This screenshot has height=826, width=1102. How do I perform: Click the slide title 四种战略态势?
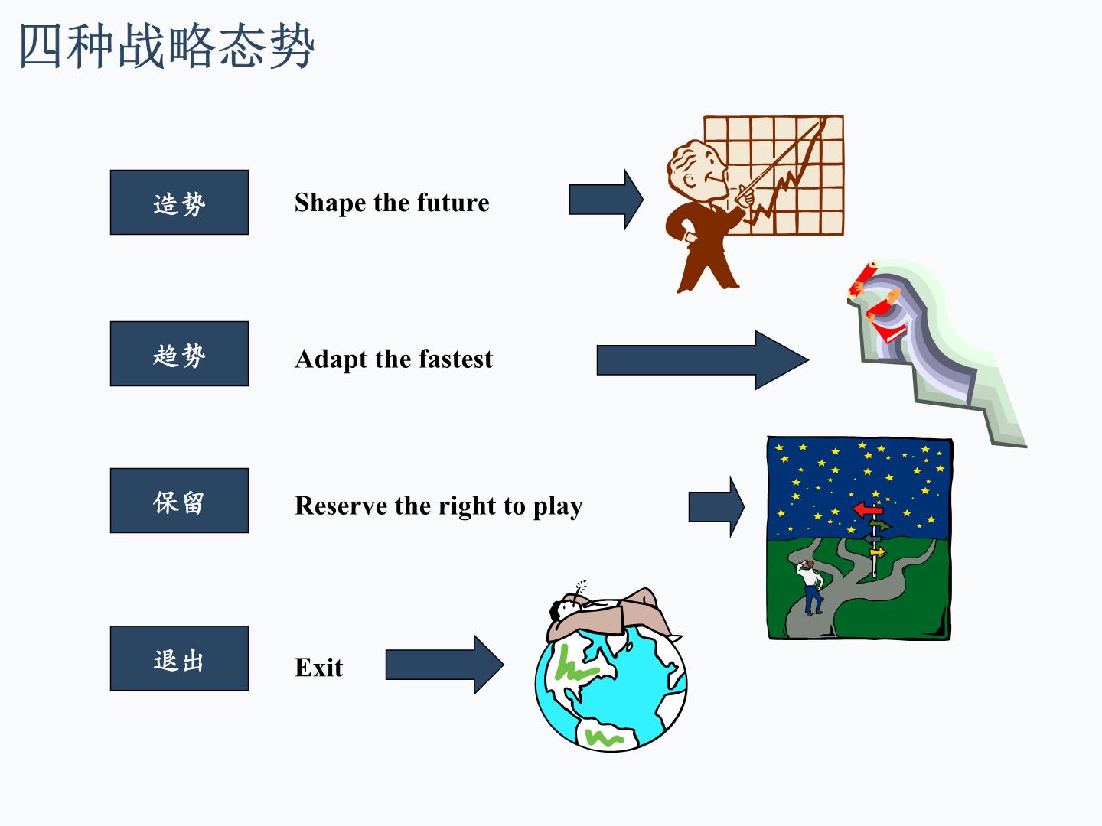tap(167, 46)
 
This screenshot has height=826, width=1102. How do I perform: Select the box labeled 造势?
tap(179, 202)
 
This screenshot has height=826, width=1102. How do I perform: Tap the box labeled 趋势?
tap(179, 353)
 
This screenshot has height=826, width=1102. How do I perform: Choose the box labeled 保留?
tap(179, 500)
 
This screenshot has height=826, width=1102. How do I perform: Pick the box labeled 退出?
tap(179, 659)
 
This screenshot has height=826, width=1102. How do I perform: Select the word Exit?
tap(319, 668)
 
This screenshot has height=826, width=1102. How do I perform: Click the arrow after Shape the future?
tap(606, 200)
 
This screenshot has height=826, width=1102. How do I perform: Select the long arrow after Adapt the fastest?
tap(703, 360)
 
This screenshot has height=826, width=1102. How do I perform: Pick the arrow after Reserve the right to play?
tap(716, 507)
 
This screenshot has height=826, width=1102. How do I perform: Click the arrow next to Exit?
tap(445, 665)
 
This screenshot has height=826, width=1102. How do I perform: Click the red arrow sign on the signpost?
tap(868, 509)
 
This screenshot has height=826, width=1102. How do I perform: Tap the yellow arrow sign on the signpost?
tap(878, 552)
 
